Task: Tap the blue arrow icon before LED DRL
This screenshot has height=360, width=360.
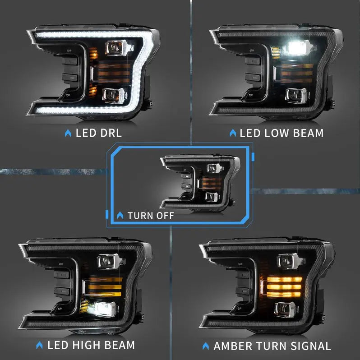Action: (68, 133)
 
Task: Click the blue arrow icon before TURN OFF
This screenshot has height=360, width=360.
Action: (120, 215)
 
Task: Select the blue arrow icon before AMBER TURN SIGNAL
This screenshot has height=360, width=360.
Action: (206, 346)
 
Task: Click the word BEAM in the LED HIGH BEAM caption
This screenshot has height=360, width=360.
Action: (119, 345)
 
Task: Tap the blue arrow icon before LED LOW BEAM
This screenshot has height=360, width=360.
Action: (233, 133)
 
